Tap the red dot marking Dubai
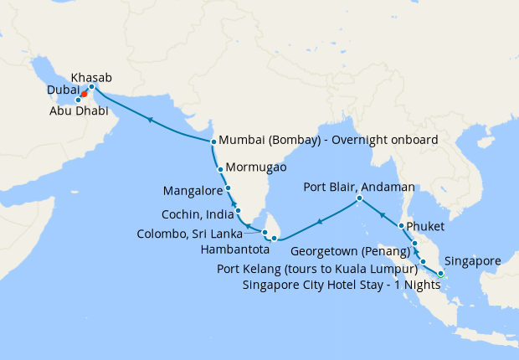coord(85,94)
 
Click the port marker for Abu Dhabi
coord(79,100)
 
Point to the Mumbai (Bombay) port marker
coord(213,141)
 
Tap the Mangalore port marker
coord(229,188)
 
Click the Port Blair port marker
coord(359,198)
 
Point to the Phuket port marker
coord(403,226)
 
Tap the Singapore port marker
coord(441,273)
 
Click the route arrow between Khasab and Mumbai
coord(151,120)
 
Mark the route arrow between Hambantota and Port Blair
coord(319,221)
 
